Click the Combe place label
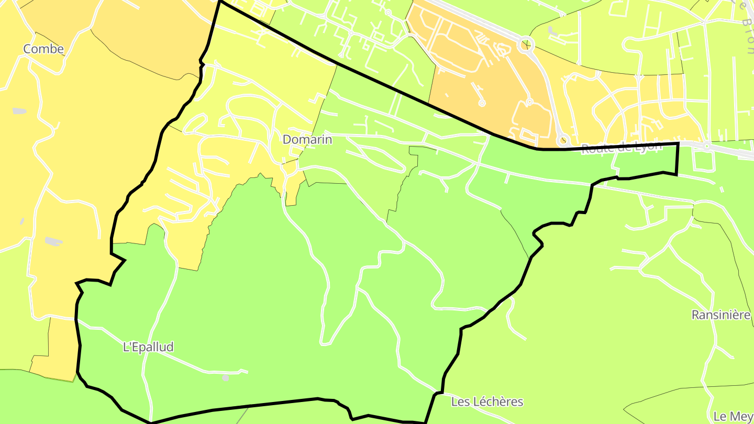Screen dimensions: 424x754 [x=43, y=49]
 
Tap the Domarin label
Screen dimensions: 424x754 [x=307, y=140]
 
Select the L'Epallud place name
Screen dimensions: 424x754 [x=148, y=347]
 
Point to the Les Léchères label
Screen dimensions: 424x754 [x=487, y=402]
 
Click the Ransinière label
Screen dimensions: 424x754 [x=721, y=315]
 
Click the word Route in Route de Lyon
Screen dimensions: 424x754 [x=597, y=149]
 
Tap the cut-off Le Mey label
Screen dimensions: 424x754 [x=733, y=417]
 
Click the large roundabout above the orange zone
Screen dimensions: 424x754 [x=526, y=44]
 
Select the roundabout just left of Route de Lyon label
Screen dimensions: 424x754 [x=563, y=140]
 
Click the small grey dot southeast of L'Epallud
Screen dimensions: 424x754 [x=226, y=377]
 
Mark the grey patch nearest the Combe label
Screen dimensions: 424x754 [x=19, y=111]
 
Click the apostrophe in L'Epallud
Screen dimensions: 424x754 [x=129, y=345]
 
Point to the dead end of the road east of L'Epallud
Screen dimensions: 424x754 [x=247, y=372]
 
